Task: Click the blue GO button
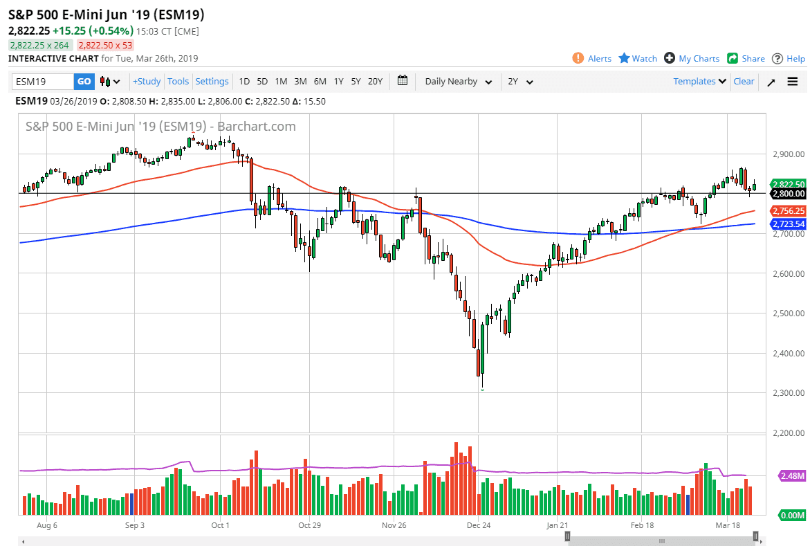point(84,82)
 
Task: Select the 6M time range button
point(320,82)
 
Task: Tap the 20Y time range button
point(375,82)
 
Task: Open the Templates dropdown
point(700,82)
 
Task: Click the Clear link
point(744,82)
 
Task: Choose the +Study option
point(147,82)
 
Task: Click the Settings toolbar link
point(212,82)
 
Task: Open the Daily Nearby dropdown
point(458,82)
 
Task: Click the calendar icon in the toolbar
point(403,81)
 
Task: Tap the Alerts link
point(592,59)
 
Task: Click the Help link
point(789,59)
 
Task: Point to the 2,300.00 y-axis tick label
point(788,394)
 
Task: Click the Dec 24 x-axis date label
point(479,526)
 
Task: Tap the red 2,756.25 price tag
point(788,210)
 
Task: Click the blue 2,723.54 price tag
point(788,224)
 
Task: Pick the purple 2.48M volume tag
point(791,476)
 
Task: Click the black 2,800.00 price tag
point(788,194)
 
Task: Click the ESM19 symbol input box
point(43,82)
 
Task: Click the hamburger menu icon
point(793,82)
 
